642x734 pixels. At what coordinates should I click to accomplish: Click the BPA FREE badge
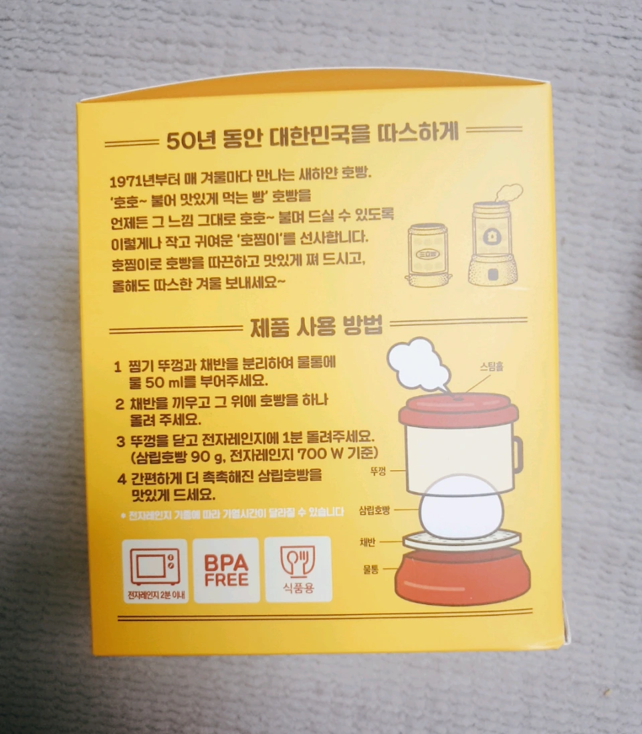pyautogui.click(x=227, y=570)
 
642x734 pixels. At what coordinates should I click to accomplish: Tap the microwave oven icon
pyautogui.click(x=155, y=567)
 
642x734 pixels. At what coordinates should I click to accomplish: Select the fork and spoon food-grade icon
pyautogui.click(x=298, y=561)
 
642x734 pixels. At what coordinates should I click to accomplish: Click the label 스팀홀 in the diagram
pyautogui.click(x=492, y=366)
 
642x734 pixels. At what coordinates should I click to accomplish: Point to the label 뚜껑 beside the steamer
pyautogui.click(x=378, y=471)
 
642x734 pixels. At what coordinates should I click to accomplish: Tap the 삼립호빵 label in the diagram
pyautogui.click(x=374, y=511)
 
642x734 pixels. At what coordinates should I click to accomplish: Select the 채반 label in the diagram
pyautogui.click(x=367, y=542)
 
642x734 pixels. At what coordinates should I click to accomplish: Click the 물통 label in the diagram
pyautogui.click(x=370, y=569)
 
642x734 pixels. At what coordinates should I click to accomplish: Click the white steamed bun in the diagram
pyautogui.click(x=461, y=507)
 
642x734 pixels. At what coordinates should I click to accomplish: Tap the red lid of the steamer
pyautogui.click(x=459, y=410)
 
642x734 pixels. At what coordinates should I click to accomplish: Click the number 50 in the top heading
pyautogui.click(x=179, y=141)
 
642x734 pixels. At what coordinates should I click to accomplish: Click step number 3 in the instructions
pyautogui.click(x=121, y=441)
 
